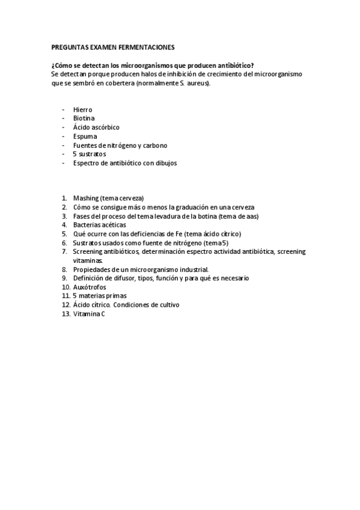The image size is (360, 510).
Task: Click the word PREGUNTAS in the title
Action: pos(69,47)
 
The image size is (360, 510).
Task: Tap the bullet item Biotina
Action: pos(84,118)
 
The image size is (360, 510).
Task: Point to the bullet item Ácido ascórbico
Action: pos(96,127)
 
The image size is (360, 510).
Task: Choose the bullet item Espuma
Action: pos(85,137)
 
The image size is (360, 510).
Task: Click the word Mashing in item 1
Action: pos(86,198)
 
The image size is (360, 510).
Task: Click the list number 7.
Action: pos(64,251)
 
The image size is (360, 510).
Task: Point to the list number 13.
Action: pos(66,314)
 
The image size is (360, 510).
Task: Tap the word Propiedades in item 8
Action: pos(91,269)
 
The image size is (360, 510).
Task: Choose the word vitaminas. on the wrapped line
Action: pos(88,260)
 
